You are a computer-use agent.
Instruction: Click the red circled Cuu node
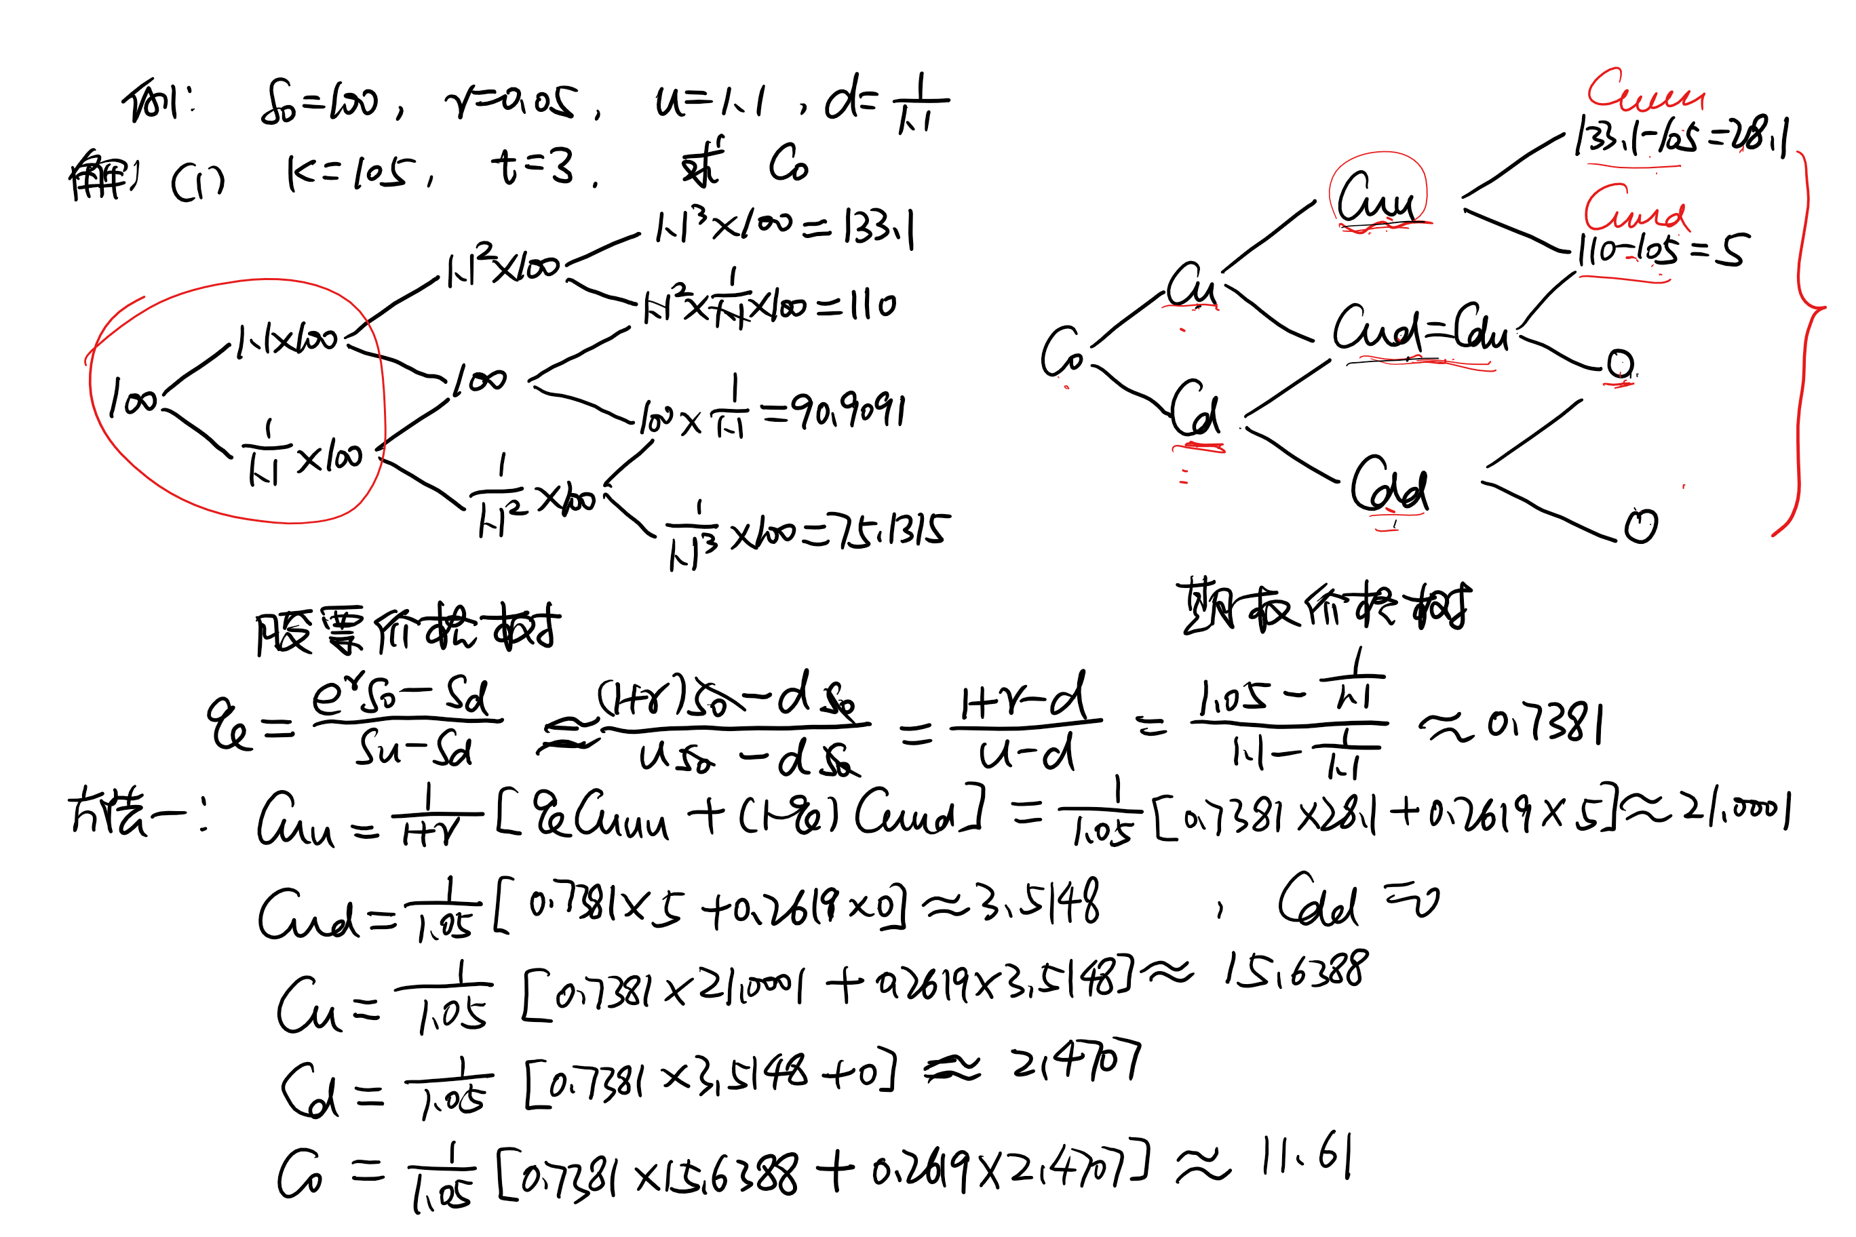[1377, 197]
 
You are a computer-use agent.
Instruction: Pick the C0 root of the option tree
[1062, 353]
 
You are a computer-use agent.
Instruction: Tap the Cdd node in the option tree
[1389, 485]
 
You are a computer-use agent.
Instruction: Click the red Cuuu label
[1645, 91]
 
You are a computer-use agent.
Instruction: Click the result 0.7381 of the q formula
[1545, 724]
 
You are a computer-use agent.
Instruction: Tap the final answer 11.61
[1306, 1158]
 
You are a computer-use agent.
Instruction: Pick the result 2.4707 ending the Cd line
[1077, 1063]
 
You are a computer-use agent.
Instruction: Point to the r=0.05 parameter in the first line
[511, 102]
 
